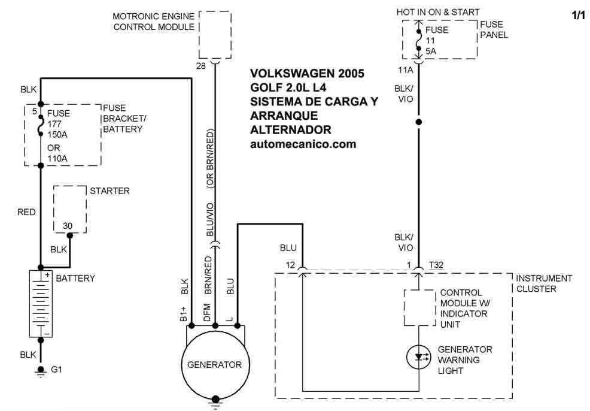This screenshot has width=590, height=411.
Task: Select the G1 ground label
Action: coord(57,370)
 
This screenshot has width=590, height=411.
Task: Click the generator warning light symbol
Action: coord(418,358)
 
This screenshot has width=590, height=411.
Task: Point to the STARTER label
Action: coord(110,191)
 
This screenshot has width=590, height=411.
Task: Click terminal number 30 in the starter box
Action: coord(68,226)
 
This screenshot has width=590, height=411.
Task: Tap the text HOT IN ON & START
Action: coord(438,12)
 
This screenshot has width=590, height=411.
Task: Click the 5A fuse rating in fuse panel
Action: coord(431,52)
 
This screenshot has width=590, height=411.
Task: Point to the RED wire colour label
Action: coord(27,212)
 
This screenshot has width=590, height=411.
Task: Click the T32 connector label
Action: coord(436,265)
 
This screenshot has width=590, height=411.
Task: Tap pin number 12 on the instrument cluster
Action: coord(291,265)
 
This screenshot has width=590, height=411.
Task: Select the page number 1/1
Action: coord(578,16)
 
